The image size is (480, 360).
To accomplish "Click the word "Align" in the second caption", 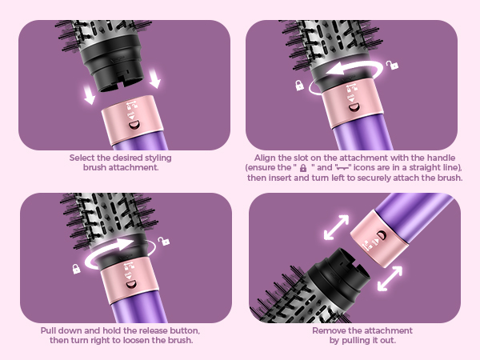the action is pyautogui.click(x=265, y=158).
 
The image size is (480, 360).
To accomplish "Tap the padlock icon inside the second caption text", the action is pyautogui.click(x=303, y=168).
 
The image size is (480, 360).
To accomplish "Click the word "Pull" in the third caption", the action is pyautogui.click(x=48, y=330).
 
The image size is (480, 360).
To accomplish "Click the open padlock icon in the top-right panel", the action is pyautogui.click(x=392, y=65).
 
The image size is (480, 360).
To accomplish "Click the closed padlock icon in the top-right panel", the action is pyautogui.click(x=299, y=85).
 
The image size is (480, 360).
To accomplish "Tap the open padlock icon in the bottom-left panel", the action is pyautogui.click(x=164, y=241).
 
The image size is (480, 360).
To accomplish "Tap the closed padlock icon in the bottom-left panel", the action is pyautogui.click(x=76, y=269).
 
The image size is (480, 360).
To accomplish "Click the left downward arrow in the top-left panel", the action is pyautogui.click(x=90, y=94).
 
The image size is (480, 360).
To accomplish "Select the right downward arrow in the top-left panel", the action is pyautogui.click(x=155, y=78).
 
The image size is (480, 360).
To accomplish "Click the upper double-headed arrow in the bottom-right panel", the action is pyautogui.click(x=337, y=227).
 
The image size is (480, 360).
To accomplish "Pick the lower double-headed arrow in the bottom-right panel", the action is pyautogui.click(x=390, y=278).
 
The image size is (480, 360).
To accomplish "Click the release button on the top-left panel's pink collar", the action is pyautogui.click(x=134, y=125).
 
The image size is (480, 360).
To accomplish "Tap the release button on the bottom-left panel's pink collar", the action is pyautogui.click(x=131, y=285).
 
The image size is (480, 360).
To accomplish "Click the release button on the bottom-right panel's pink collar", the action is pyautogui.click(x=382, y=235).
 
